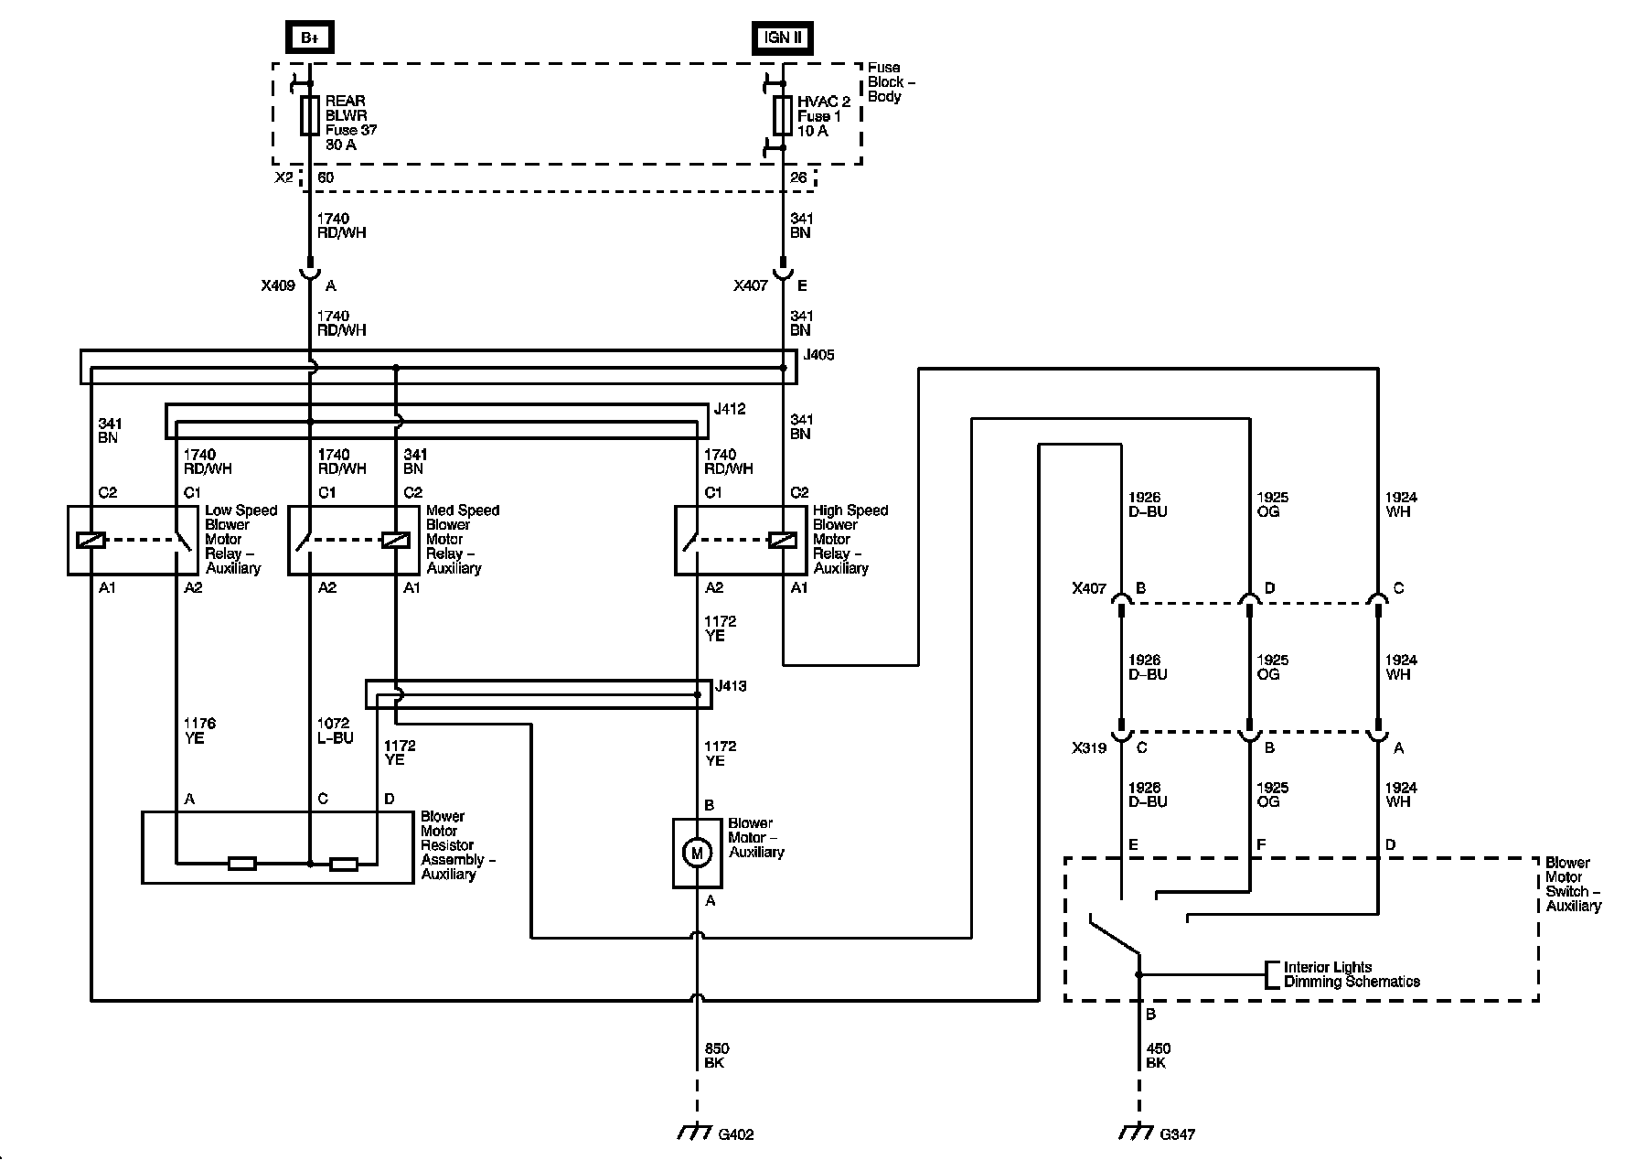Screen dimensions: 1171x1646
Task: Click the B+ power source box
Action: (310, 38)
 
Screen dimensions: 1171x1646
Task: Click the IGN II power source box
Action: (782, 38)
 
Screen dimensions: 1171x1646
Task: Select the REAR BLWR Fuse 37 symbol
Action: (310, 116)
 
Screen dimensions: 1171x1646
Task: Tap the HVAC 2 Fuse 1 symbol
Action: (783, 115)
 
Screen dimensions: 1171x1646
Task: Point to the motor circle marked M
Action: (697, 854)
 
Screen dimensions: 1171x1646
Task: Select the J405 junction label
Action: (818, 355)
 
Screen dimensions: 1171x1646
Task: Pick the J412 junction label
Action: (730, 409)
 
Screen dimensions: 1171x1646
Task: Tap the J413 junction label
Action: (731, 685)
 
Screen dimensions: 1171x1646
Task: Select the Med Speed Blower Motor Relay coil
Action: (396, 540)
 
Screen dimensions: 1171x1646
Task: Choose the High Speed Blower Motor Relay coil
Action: (783, 540)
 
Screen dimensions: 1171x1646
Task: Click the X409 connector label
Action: (278, 285)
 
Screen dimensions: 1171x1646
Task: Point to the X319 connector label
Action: (1089, 748)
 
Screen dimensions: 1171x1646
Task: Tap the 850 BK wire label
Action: (717, 1056)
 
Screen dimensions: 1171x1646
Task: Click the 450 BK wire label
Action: (1158, 1056)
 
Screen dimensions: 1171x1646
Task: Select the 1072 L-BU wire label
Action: (335, 731)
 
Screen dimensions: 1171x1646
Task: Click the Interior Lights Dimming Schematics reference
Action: (1351, 974)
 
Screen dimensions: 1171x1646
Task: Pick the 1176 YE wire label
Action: (199, 731)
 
